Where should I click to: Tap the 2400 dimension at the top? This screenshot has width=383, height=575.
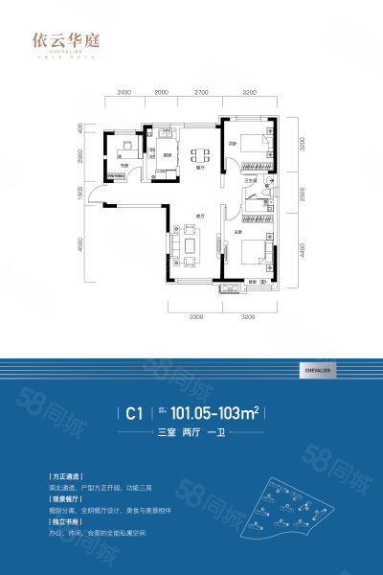tap(124, 92)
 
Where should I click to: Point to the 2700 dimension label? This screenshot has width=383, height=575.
tap(201, 92)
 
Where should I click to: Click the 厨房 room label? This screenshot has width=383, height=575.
tap(167, 156)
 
